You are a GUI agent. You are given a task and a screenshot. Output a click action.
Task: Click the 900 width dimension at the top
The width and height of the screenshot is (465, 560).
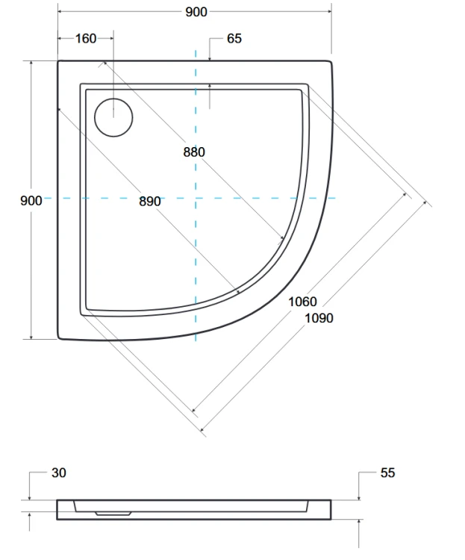coord(197,12)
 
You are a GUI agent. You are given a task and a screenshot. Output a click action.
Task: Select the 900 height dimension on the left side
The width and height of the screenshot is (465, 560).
coord(31,199)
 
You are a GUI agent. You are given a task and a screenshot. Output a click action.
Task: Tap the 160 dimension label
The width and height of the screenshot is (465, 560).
coord(86,38)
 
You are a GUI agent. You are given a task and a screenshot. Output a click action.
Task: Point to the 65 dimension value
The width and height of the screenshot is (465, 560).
coord(234,38)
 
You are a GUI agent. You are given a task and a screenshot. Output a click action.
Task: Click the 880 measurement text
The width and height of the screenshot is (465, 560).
coord(193,152)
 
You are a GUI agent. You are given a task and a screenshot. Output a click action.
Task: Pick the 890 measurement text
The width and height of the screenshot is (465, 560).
coord(149,201)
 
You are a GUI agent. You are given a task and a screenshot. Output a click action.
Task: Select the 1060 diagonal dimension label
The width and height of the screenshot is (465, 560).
coord(302,302)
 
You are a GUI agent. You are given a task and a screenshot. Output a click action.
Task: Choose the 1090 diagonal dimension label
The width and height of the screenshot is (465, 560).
coord(319,317)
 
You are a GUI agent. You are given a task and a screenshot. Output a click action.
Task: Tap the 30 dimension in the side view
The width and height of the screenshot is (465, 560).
coord(59,473)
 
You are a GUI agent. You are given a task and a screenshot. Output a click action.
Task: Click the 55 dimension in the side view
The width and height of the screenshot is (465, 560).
coord(387,473)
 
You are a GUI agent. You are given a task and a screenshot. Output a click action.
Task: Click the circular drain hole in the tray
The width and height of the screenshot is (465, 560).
coord(113,117)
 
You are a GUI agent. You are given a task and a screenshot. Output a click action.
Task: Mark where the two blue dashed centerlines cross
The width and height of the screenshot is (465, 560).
coord(196,198)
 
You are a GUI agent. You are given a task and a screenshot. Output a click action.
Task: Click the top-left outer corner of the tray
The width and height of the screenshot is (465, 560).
coord(59,62)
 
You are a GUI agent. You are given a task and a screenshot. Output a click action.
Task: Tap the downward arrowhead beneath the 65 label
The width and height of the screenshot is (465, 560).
coord(210,58)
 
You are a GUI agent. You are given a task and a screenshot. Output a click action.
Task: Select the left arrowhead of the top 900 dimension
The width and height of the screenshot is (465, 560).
coord(60,12)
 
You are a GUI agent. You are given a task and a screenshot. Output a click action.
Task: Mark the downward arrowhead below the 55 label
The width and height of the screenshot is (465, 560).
coord(359,498)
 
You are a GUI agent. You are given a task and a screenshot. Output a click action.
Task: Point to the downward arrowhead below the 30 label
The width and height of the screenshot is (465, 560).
coord(29,498)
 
